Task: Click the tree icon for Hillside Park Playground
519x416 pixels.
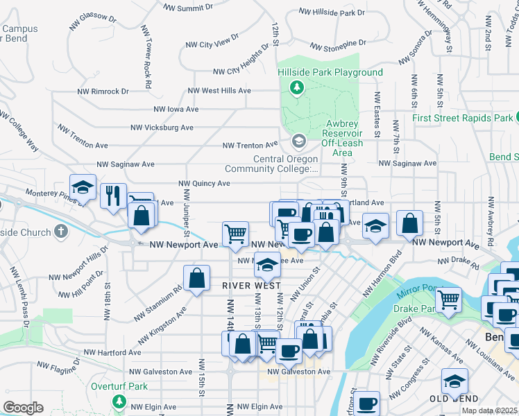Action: click(297, 87)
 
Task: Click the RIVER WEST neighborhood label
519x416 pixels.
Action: click(251, 286)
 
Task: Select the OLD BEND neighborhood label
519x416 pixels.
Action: click(453, 399)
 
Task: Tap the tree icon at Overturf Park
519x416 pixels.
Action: click(119, 401)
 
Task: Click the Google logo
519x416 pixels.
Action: click(23, 408)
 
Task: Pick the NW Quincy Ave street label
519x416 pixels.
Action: click(204, 184)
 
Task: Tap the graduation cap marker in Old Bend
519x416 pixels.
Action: click(454, 381)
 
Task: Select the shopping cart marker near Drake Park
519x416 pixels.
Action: click(449, 300)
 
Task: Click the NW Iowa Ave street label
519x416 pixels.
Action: click(176, 109)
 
